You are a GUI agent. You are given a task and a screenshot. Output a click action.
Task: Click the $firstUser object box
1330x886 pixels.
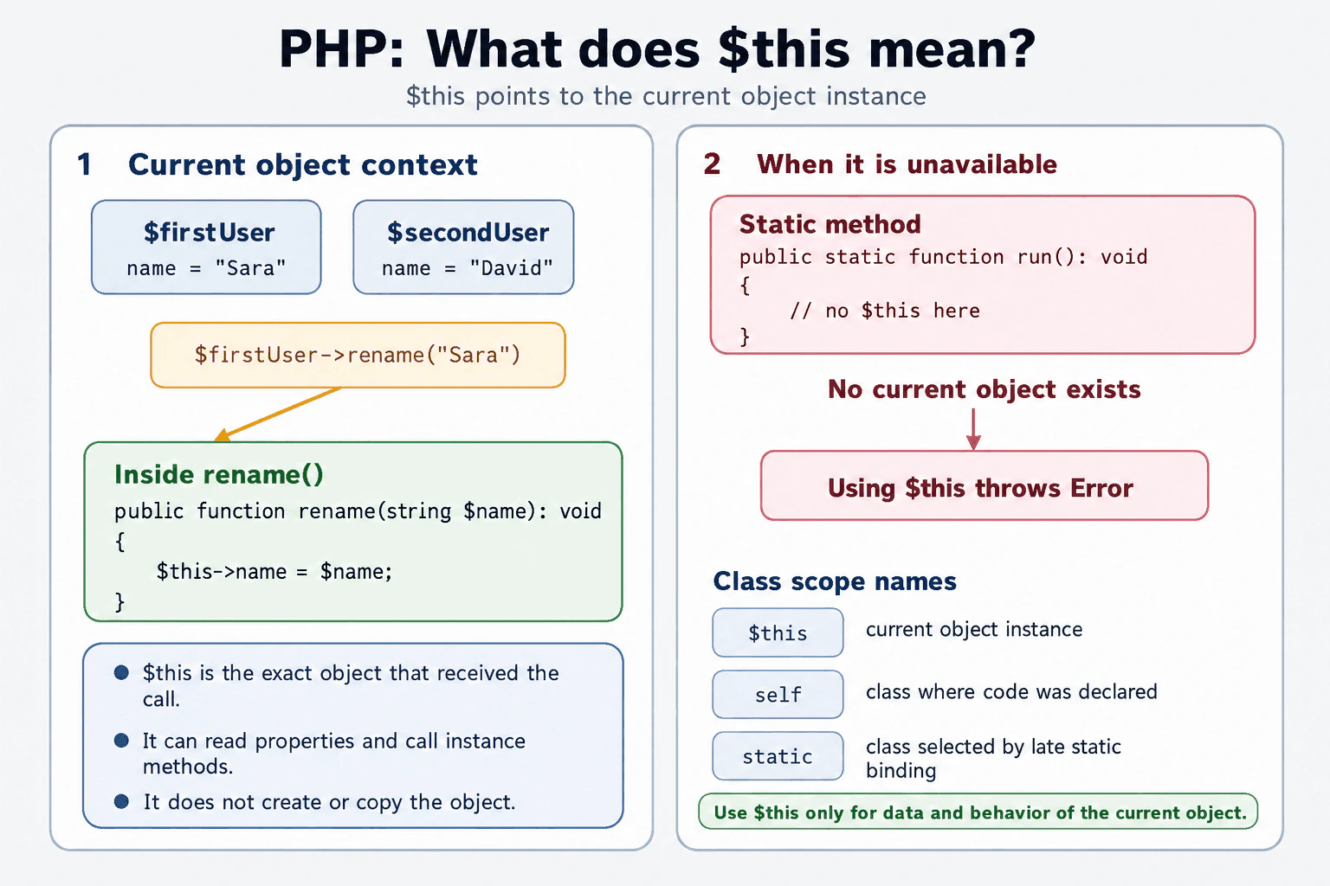coord(206,247)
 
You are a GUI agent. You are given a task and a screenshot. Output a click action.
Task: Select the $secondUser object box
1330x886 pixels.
coord(464,247)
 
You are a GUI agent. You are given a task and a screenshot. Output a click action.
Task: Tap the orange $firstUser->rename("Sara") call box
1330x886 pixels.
coord(358,355)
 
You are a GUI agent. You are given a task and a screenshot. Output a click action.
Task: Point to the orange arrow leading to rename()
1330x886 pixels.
coord(277,414)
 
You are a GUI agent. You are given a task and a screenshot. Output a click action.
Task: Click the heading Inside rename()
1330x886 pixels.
coord(218,475)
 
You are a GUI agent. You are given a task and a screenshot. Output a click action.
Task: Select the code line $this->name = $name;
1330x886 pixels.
coord(274,571)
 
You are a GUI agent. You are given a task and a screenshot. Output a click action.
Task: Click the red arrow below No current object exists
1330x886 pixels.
coord(973,429)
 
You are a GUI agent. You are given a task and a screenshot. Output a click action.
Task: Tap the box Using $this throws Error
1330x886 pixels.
coord(985,485)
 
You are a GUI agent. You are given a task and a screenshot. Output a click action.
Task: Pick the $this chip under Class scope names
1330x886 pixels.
coord(778,632)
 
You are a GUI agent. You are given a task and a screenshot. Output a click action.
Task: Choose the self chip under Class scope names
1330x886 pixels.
coord(778,694)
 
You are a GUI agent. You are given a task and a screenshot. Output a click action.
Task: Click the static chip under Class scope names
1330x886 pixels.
coord(778,756)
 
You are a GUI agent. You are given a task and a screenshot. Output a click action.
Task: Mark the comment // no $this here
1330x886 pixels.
coord(885,311)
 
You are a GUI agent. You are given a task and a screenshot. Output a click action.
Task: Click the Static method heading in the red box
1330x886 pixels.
coord(830,224)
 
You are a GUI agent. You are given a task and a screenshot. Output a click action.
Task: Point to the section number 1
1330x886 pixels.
coord(84,164)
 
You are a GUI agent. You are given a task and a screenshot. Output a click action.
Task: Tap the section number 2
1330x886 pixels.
coord(712,164)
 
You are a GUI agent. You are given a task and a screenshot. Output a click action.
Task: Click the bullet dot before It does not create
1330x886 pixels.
coord(122,802)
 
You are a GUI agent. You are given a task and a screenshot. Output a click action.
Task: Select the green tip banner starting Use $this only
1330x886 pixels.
coord(978,812)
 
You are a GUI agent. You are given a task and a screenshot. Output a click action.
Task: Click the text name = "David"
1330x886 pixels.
coord(468,268)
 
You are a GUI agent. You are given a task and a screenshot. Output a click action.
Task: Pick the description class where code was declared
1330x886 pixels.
coord(1011,692)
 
